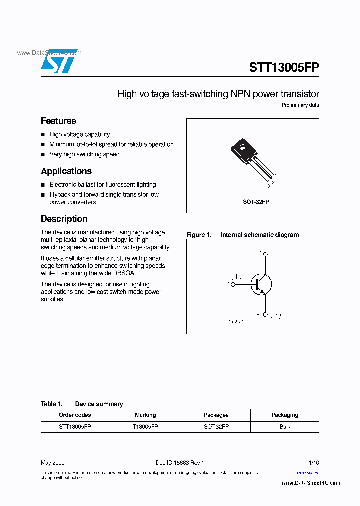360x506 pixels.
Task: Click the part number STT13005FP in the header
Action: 284,67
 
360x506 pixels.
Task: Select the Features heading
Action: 58,121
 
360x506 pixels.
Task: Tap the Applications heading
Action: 66,171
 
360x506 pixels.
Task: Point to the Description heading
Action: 64,219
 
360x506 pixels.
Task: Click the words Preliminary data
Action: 300,105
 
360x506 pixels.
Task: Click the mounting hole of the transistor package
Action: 242,148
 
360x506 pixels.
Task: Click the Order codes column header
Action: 75,415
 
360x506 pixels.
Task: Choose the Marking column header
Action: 145,415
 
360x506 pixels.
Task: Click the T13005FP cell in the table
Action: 145,427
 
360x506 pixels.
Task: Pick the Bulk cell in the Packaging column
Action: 284,427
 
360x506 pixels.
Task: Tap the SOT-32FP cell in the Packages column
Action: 216,427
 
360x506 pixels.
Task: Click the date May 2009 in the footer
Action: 52,463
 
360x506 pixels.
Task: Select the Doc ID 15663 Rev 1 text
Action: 180,463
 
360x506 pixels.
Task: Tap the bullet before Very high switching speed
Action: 43,155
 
